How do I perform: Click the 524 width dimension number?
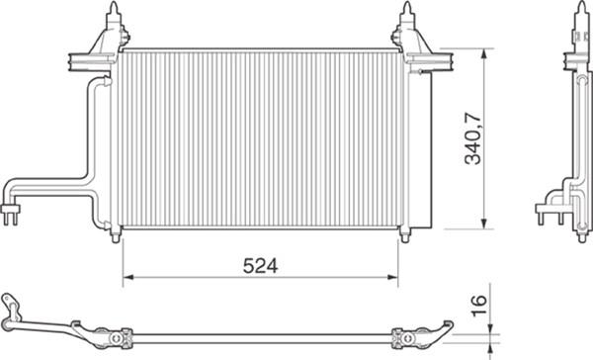(x=260, y=265)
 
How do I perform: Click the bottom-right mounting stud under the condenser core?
(x=403, y=233)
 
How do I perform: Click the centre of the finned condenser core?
(x=260, y=138)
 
